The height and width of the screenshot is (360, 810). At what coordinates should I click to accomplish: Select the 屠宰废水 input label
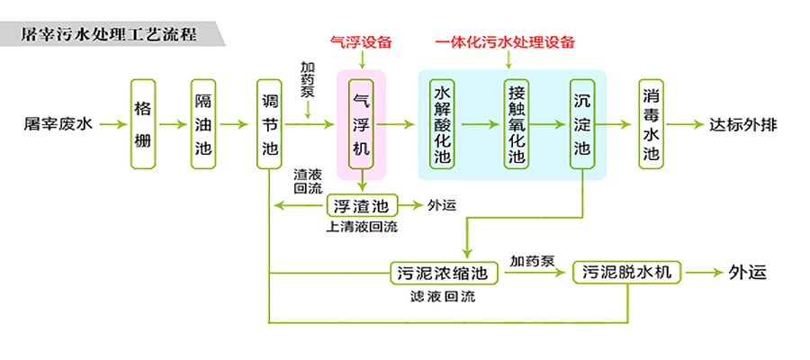58,124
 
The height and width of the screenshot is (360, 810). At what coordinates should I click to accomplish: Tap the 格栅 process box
143,123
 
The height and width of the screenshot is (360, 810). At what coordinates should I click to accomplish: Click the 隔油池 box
202,123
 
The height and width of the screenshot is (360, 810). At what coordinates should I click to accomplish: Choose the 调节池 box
269,123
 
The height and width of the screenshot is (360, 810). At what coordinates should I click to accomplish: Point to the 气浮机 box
360,123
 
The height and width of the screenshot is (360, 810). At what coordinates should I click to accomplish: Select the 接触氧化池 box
515,124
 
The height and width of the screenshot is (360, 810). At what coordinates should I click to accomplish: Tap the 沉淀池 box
582,124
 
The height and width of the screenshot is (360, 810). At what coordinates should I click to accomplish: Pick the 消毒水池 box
651,124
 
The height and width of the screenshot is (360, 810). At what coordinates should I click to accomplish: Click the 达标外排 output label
742,124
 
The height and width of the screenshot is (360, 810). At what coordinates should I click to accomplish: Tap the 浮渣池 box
360,206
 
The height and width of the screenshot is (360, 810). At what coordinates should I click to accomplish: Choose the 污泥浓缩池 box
443,271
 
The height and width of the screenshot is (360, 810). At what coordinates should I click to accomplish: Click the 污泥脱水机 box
627,271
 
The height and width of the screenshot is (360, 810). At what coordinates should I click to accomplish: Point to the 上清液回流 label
361,227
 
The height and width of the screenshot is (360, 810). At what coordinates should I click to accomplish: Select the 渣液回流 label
308,181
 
